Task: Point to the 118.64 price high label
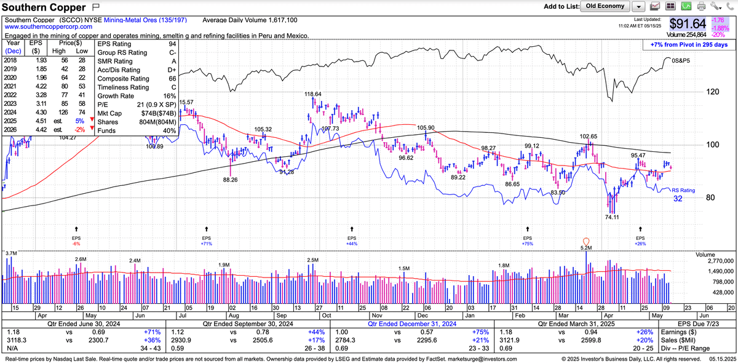[313, 94]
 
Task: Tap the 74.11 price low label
[611, 217]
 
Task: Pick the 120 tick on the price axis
[713, 92]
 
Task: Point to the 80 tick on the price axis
[711, 197]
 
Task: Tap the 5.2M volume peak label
[586, 247]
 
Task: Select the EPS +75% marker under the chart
[528, 240]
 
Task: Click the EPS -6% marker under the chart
[76, 240]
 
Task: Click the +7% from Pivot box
[688, 45]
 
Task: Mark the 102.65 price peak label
[589, 136]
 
